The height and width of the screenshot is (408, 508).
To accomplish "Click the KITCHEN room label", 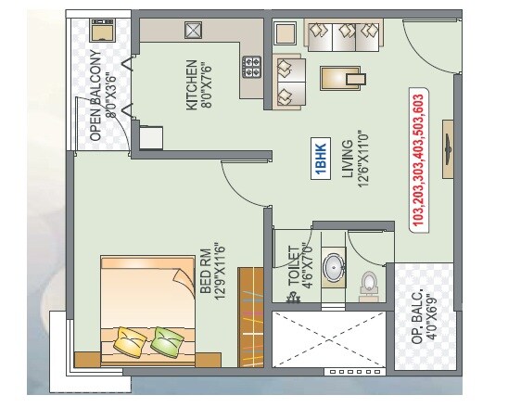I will point(198,85).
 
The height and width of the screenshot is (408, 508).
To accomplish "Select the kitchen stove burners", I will point(252,67).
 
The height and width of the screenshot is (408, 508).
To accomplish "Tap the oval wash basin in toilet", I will point(332,267).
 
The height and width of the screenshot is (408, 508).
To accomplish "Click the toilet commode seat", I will point(369,283).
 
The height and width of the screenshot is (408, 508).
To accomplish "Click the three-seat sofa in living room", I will point(343,38).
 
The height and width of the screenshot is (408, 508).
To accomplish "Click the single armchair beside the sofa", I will point(291,80).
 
